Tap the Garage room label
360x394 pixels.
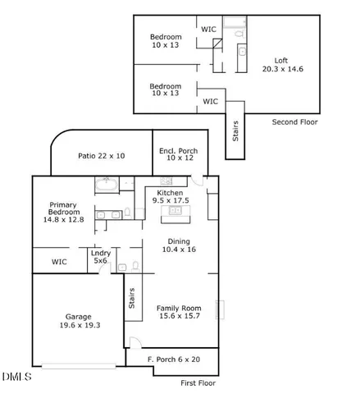point(79,316)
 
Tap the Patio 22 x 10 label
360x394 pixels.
point(101,155)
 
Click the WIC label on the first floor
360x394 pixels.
point(59,262)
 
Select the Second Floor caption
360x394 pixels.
point(295,122)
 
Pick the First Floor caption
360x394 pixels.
point(199,383)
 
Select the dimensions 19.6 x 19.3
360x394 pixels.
point(79,325)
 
